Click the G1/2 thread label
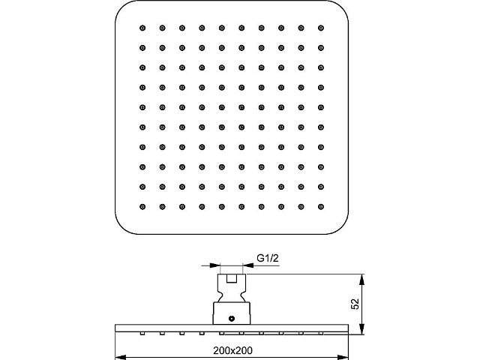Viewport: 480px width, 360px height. [x=268, y=258]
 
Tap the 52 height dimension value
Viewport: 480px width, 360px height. [x=355, y=304]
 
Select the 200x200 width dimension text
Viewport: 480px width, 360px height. [x=233, y=350]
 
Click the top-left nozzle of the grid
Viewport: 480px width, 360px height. [x=142, y=28]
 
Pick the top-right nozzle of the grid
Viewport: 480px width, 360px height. [x=321, y=28]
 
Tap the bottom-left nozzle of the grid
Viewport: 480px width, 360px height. [x=142, y=207]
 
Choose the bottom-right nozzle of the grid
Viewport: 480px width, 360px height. [x=321, y=207]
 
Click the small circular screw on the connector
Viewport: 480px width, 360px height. [x=232, y=319]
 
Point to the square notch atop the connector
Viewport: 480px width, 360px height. [x=232, y=278]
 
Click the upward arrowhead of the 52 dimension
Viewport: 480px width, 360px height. [x=362, y=280]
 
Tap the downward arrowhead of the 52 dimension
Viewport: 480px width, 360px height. [x=362, y=328]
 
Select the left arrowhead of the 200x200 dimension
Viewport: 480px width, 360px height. [x=121, y=357]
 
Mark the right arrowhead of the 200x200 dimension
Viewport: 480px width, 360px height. [x=343, y=357]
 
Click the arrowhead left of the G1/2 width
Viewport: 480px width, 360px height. [x=214, y=265]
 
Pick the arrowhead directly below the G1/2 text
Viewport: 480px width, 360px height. [x=248, y=265]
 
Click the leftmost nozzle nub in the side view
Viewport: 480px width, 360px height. [x=142, y=333]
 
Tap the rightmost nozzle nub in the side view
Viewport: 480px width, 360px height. [x=321, y=333]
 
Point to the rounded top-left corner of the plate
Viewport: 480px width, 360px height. [x=121, y=7]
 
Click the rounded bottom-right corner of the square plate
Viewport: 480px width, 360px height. [x=342, y=228]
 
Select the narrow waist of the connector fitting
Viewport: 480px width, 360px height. [x=232, y=295]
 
